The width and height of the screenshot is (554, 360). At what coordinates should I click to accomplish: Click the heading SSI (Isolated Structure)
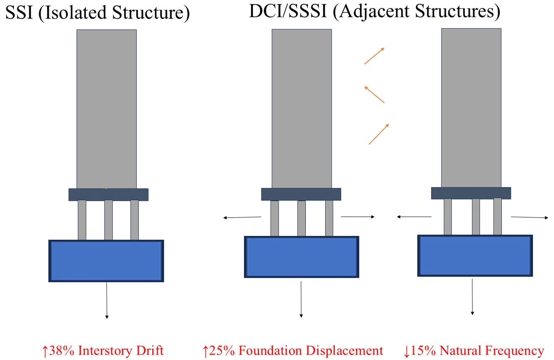(x=97, y=13)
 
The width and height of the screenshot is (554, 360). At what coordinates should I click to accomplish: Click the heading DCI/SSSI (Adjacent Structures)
(x=374, y=11)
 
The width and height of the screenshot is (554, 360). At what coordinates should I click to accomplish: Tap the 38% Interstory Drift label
(x=103, y=350)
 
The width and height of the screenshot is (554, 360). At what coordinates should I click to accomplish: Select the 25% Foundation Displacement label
(x=293, y=350)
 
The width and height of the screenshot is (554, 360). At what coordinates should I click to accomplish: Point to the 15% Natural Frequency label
(x=474, y=350)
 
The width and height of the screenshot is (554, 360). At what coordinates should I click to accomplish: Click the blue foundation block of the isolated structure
(x=106, y=261)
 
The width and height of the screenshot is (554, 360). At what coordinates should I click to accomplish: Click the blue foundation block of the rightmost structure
(x=475, y=255)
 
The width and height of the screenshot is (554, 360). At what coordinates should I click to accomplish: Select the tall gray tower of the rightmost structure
(x=471, y=107)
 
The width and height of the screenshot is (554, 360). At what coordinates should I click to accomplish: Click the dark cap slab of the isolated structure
(x=109, y=194)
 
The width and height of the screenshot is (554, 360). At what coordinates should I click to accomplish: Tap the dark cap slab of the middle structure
(x=301, y=194)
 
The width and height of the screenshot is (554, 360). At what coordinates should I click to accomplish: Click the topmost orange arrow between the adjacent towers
(x=374, y=56)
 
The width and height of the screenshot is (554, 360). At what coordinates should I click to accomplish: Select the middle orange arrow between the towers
(x=374, y=95)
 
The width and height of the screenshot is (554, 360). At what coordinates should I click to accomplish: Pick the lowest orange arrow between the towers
(x=379, y=134)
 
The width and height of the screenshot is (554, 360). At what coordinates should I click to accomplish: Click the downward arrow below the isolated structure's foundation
(x=106, y=300)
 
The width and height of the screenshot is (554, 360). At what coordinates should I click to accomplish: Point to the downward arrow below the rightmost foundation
(x=472, y=296)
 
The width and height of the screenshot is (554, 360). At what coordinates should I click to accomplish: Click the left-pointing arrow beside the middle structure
(x=242, y=217)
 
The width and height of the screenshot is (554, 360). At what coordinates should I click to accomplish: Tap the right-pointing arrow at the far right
(x=530, y=217)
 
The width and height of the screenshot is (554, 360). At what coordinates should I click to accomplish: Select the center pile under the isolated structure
(x=109, y=220)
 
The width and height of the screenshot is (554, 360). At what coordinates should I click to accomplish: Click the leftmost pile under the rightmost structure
(x=448, y=217)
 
